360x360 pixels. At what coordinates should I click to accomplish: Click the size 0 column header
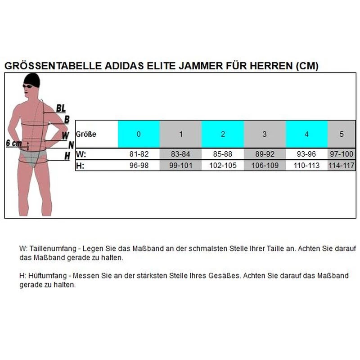click(x=139, y=134)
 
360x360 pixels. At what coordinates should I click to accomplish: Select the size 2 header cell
click(x=223, y=134)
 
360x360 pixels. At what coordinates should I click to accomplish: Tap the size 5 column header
click(x=342, y=134)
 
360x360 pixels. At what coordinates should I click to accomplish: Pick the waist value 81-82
click(x=139, y=154)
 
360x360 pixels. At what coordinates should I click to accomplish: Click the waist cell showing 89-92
click(x=265, y=154)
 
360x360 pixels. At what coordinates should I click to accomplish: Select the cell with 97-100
click(x=342, y=154)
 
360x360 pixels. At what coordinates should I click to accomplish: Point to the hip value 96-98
click(x=139, y=165)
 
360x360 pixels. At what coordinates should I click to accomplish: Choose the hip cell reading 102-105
click(x=223, y=165)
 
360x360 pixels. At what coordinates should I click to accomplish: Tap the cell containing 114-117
click(x=342, y=165)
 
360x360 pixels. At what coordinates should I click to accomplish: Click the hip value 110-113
click(x=306, y=165)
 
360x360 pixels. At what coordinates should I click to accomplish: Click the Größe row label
click(x=86, y=134)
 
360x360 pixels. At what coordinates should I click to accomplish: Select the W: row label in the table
click(x=81, y=154)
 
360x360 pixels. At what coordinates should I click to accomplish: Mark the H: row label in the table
click(x=81, y=165)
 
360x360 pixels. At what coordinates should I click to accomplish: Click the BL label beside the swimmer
click(x=61, y=108)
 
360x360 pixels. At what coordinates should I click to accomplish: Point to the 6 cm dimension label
click(x=14, y=143)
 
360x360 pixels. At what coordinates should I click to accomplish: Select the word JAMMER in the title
click(x=186, y=66)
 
